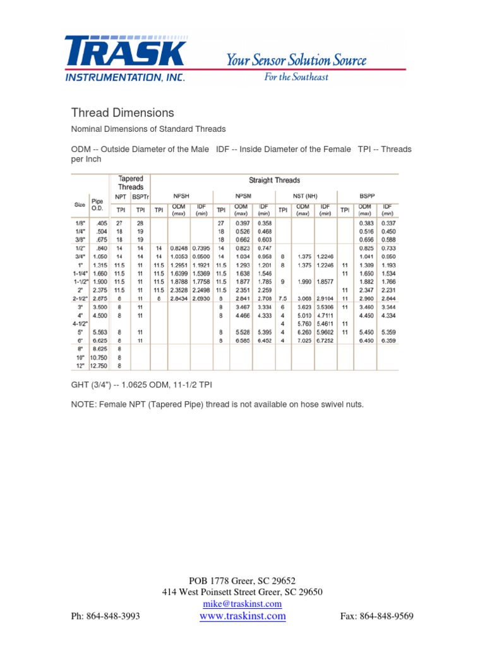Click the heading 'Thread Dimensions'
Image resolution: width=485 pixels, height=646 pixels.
tap(122, 113)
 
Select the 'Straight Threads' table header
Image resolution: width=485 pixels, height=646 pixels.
tap(275, 180)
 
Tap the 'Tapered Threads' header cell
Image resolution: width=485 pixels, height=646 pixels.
tap(131, 183)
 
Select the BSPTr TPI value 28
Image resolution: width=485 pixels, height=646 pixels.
tap(140, 223)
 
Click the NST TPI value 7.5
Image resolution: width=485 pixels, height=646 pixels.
tap(282, 297)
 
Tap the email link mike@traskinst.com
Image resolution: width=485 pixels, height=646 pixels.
tap(242, 604)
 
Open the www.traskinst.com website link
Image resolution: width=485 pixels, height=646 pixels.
tap(242, 616)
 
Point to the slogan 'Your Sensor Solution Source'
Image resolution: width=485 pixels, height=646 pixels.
tap(296, 61)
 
